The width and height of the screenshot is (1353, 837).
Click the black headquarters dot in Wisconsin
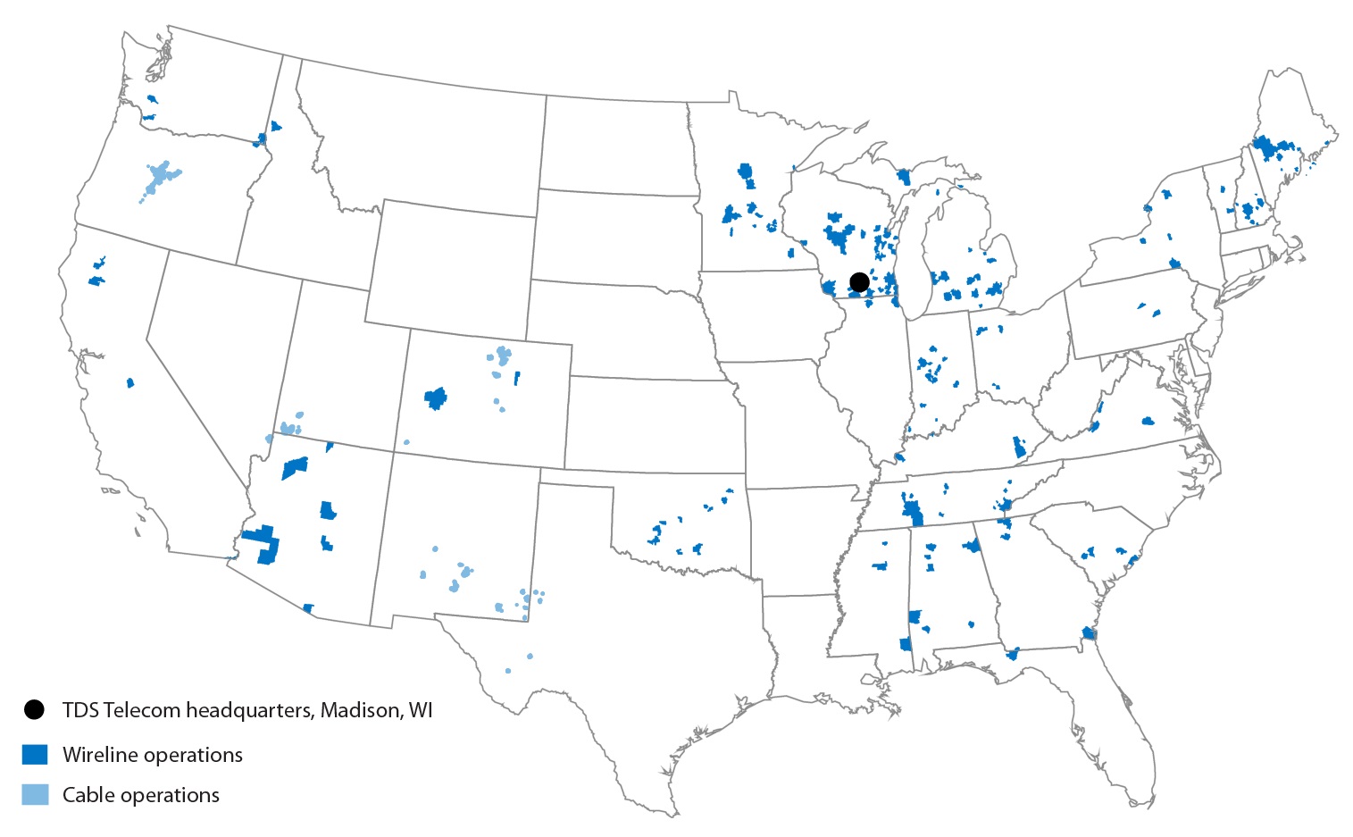coord(859,282)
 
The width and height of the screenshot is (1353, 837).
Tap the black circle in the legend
coord(34,710)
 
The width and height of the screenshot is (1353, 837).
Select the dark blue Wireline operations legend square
coord(35,754)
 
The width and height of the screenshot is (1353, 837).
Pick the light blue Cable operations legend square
coord(35,794)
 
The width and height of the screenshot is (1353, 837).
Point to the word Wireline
coord(100,755)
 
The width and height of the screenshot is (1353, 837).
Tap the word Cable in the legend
coord(87,795)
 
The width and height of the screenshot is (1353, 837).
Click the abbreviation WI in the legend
coord(421,710)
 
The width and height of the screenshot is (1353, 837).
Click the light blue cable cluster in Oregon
coord(161,176)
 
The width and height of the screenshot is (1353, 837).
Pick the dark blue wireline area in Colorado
coord(436,398)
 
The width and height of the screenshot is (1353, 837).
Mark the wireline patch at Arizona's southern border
coord(309,608)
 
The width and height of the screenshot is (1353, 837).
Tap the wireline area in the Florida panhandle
coord(1013,654)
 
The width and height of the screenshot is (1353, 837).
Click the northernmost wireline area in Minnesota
coord(747,173)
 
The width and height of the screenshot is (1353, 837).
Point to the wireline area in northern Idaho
coord(275,126)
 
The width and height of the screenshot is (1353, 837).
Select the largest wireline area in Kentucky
coord(1019,448)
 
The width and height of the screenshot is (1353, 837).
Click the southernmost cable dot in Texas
coord(508,670)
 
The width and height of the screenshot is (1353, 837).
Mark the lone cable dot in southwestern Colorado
coord(406,441)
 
